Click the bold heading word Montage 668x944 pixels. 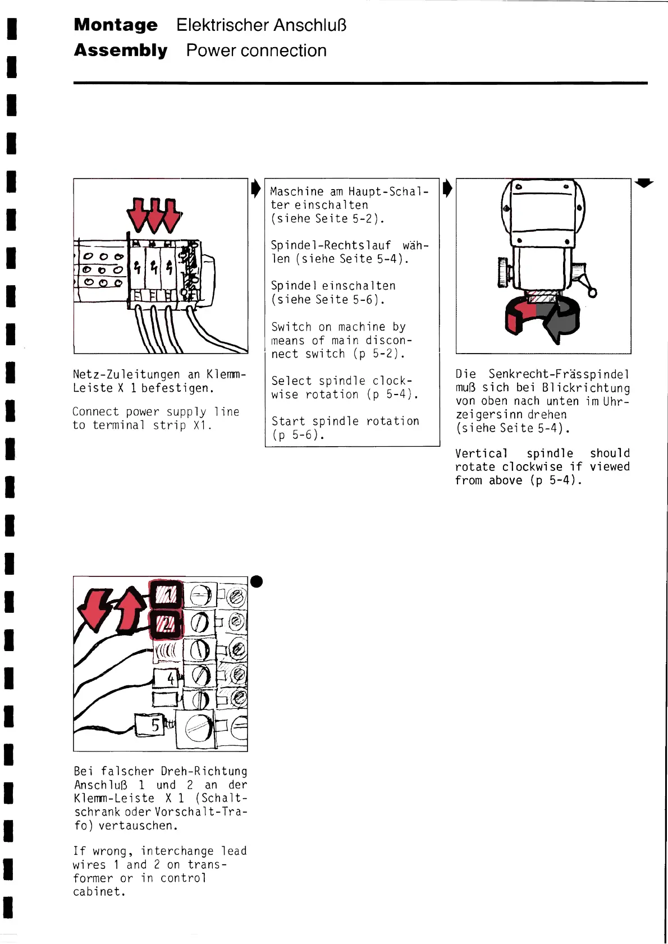[116, 25]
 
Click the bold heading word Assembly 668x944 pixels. [121, 51]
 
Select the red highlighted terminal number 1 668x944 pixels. [167, 593]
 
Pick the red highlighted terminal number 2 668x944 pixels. [167, 624]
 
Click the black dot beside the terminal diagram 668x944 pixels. [257, 581]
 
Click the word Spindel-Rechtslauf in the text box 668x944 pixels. [331, 245]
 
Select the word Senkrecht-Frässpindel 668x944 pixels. [559, 374]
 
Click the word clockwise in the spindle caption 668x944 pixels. [532, 467]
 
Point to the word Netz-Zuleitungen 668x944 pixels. [126, 374]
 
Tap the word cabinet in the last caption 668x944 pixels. [98, 892]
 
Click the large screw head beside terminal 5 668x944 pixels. [199, 728]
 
